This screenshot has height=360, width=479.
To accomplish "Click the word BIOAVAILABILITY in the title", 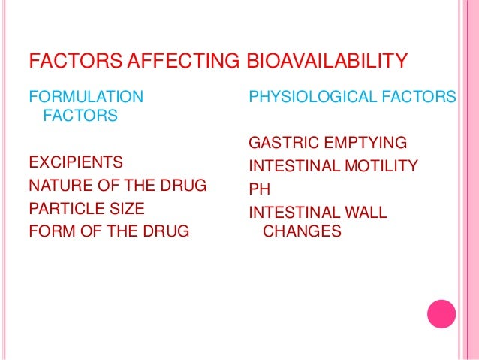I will point(327,60).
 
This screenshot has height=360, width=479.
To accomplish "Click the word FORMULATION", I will point(85,96).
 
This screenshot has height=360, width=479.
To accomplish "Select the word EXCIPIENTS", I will point(76,162).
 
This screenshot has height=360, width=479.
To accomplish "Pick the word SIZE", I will point(128,208).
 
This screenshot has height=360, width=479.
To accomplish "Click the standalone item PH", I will point(259,189).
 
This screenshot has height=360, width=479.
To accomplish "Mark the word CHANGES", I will point(301,232).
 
